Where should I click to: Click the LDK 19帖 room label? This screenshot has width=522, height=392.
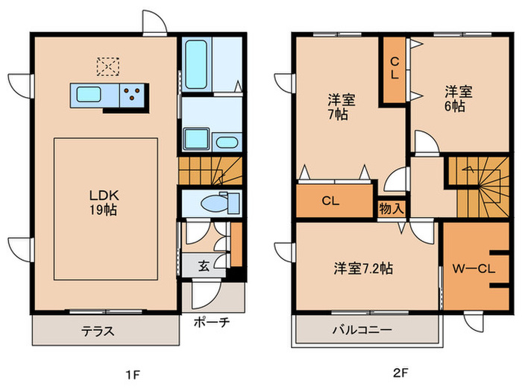104,201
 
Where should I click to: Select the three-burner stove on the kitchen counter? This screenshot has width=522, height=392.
133,95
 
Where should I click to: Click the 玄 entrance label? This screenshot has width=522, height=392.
204,264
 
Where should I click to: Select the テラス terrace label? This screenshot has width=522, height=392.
97,331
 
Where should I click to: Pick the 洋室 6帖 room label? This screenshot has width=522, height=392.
456,99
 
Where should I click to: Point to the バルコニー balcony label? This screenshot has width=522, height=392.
361,329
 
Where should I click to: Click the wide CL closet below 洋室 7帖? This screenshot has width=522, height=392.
333,200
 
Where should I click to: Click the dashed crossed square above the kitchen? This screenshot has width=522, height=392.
109,66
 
